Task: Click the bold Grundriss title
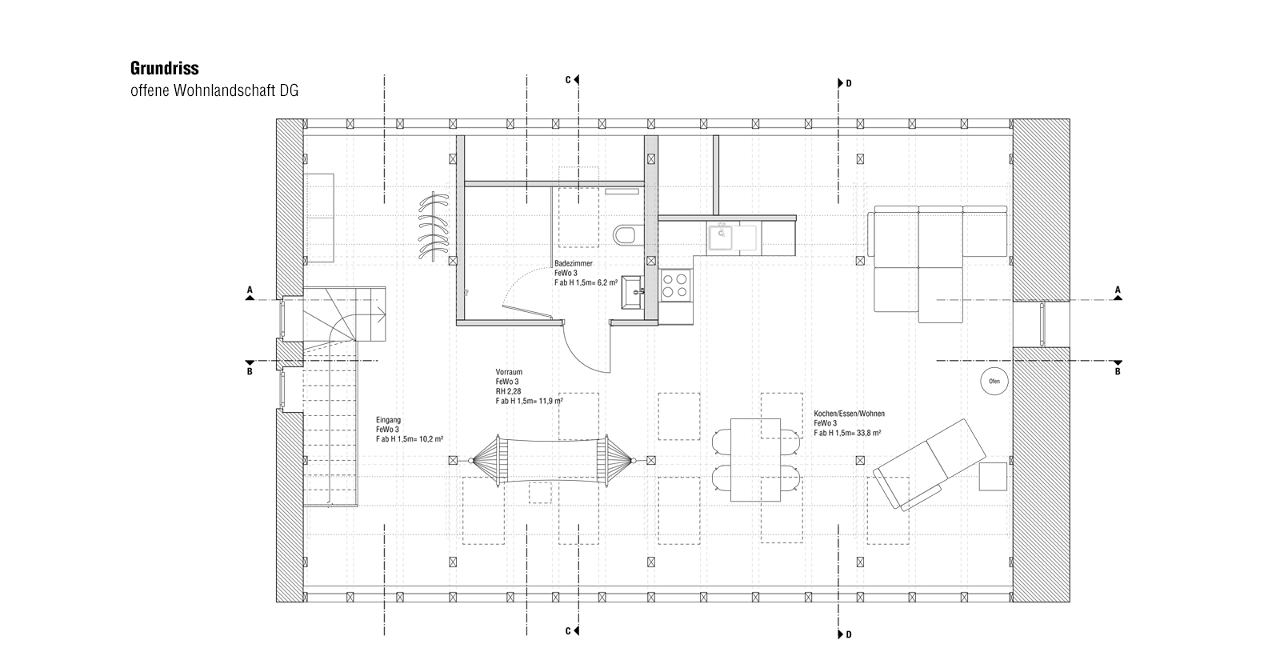coord(165,68)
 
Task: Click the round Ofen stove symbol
coord(994,381)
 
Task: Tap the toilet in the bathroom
coord(627,234)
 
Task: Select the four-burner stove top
coord(675,285)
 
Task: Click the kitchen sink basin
coord(722,238)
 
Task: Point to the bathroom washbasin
coord(632,292)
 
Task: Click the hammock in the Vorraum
coord(552,461)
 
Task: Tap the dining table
coord(755,460)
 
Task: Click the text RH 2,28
coord(508,391)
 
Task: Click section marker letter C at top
coord(568,80)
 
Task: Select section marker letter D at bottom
coord(849,634)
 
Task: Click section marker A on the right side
coord(1118,290)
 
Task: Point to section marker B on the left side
coord(250,371)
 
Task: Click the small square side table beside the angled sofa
coord(993,477)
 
